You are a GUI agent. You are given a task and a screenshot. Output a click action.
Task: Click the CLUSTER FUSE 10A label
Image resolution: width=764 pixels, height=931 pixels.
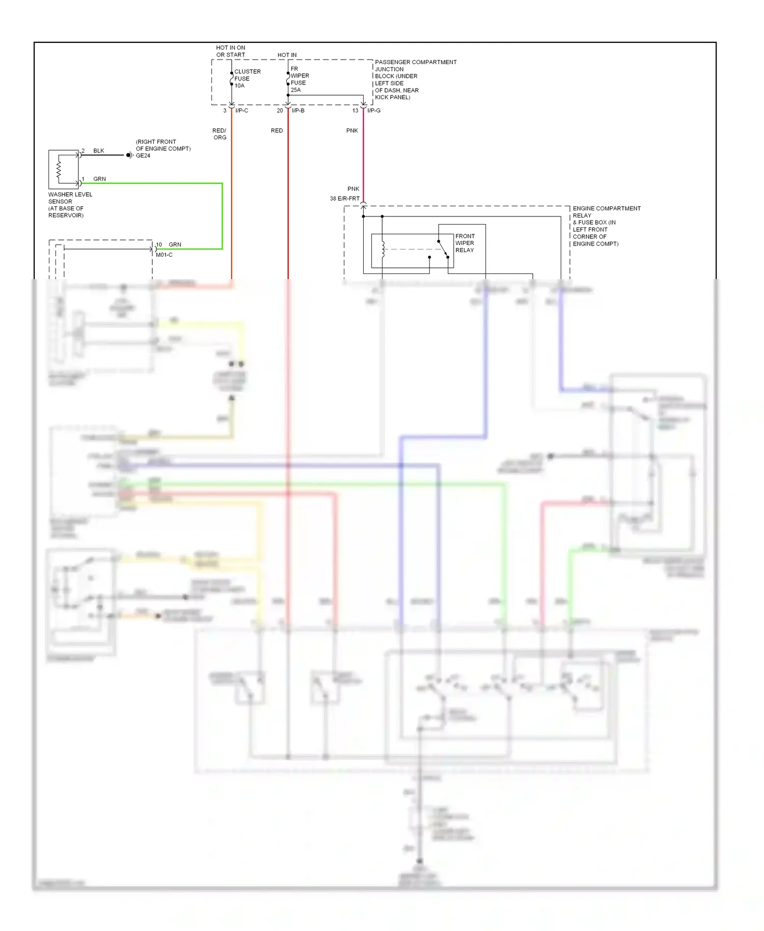pyautogui.click(x=247, y=78)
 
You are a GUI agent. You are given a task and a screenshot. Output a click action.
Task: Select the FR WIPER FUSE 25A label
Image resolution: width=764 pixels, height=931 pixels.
pyautogui.click(x=299, y=79)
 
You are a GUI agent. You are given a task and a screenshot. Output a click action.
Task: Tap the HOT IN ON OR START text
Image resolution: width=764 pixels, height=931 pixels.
pyautogui.click(x=231, y=51)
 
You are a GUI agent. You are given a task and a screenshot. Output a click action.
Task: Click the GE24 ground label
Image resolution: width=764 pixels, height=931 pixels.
pyautogui.click(x=143, y=156)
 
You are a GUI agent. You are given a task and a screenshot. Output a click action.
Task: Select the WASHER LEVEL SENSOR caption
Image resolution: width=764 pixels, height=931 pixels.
pyautogui.click(x=70, y=204)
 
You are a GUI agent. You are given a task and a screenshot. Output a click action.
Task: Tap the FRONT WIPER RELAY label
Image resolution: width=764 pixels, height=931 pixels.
pyautogui.click(x=465, y=243)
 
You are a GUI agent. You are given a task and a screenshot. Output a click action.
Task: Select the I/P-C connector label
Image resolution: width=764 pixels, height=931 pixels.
pyautogui.click(x=242, y=111)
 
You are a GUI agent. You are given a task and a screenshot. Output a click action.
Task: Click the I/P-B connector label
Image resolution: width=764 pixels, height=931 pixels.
pyautogui.click(x=298, y=111)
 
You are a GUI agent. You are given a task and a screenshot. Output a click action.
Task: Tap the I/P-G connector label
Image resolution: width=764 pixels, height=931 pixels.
pyautogui.click(x=374, y=111)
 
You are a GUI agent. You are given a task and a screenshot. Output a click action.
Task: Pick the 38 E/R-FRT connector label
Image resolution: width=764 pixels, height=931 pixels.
pyautogui.click(x=344, y=199)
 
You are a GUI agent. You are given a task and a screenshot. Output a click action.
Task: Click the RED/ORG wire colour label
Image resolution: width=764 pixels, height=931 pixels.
pyautogui.click(x=220, y=134)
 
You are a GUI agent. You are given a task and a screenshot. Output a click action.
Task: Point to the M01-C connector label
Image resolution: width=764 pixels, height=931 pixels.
pyautogui.click(x=164, y=255)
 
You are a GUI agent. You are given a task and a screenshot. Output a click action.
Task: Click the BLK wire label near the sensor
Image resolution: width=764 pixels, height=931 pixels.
pyautogui.click(x=99, y=151)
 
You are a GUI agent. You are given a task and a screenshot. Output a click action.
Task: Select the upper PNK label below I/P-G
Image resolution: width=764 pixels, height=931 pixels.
pyautogui.click(x=352, y=131)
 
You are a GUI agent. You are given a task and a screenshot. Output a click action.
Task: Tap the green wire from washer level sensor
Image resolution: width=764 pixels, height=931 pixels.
pyautogui.click(x=222, y=214)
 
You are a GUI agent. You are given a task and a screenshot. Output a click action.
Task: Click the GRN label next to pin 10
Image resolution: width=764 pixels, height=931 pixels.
pyautogui.click(x=175, y=244)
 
